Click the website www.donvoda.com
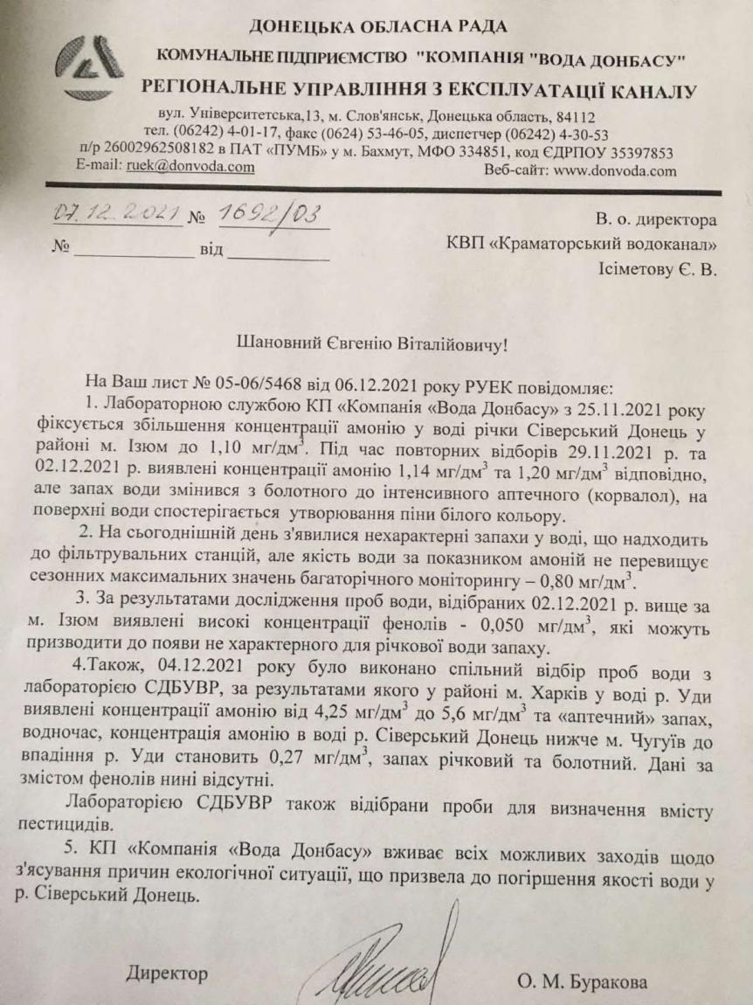615,170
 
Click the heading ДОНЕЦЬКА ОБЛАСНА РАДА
378,27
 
